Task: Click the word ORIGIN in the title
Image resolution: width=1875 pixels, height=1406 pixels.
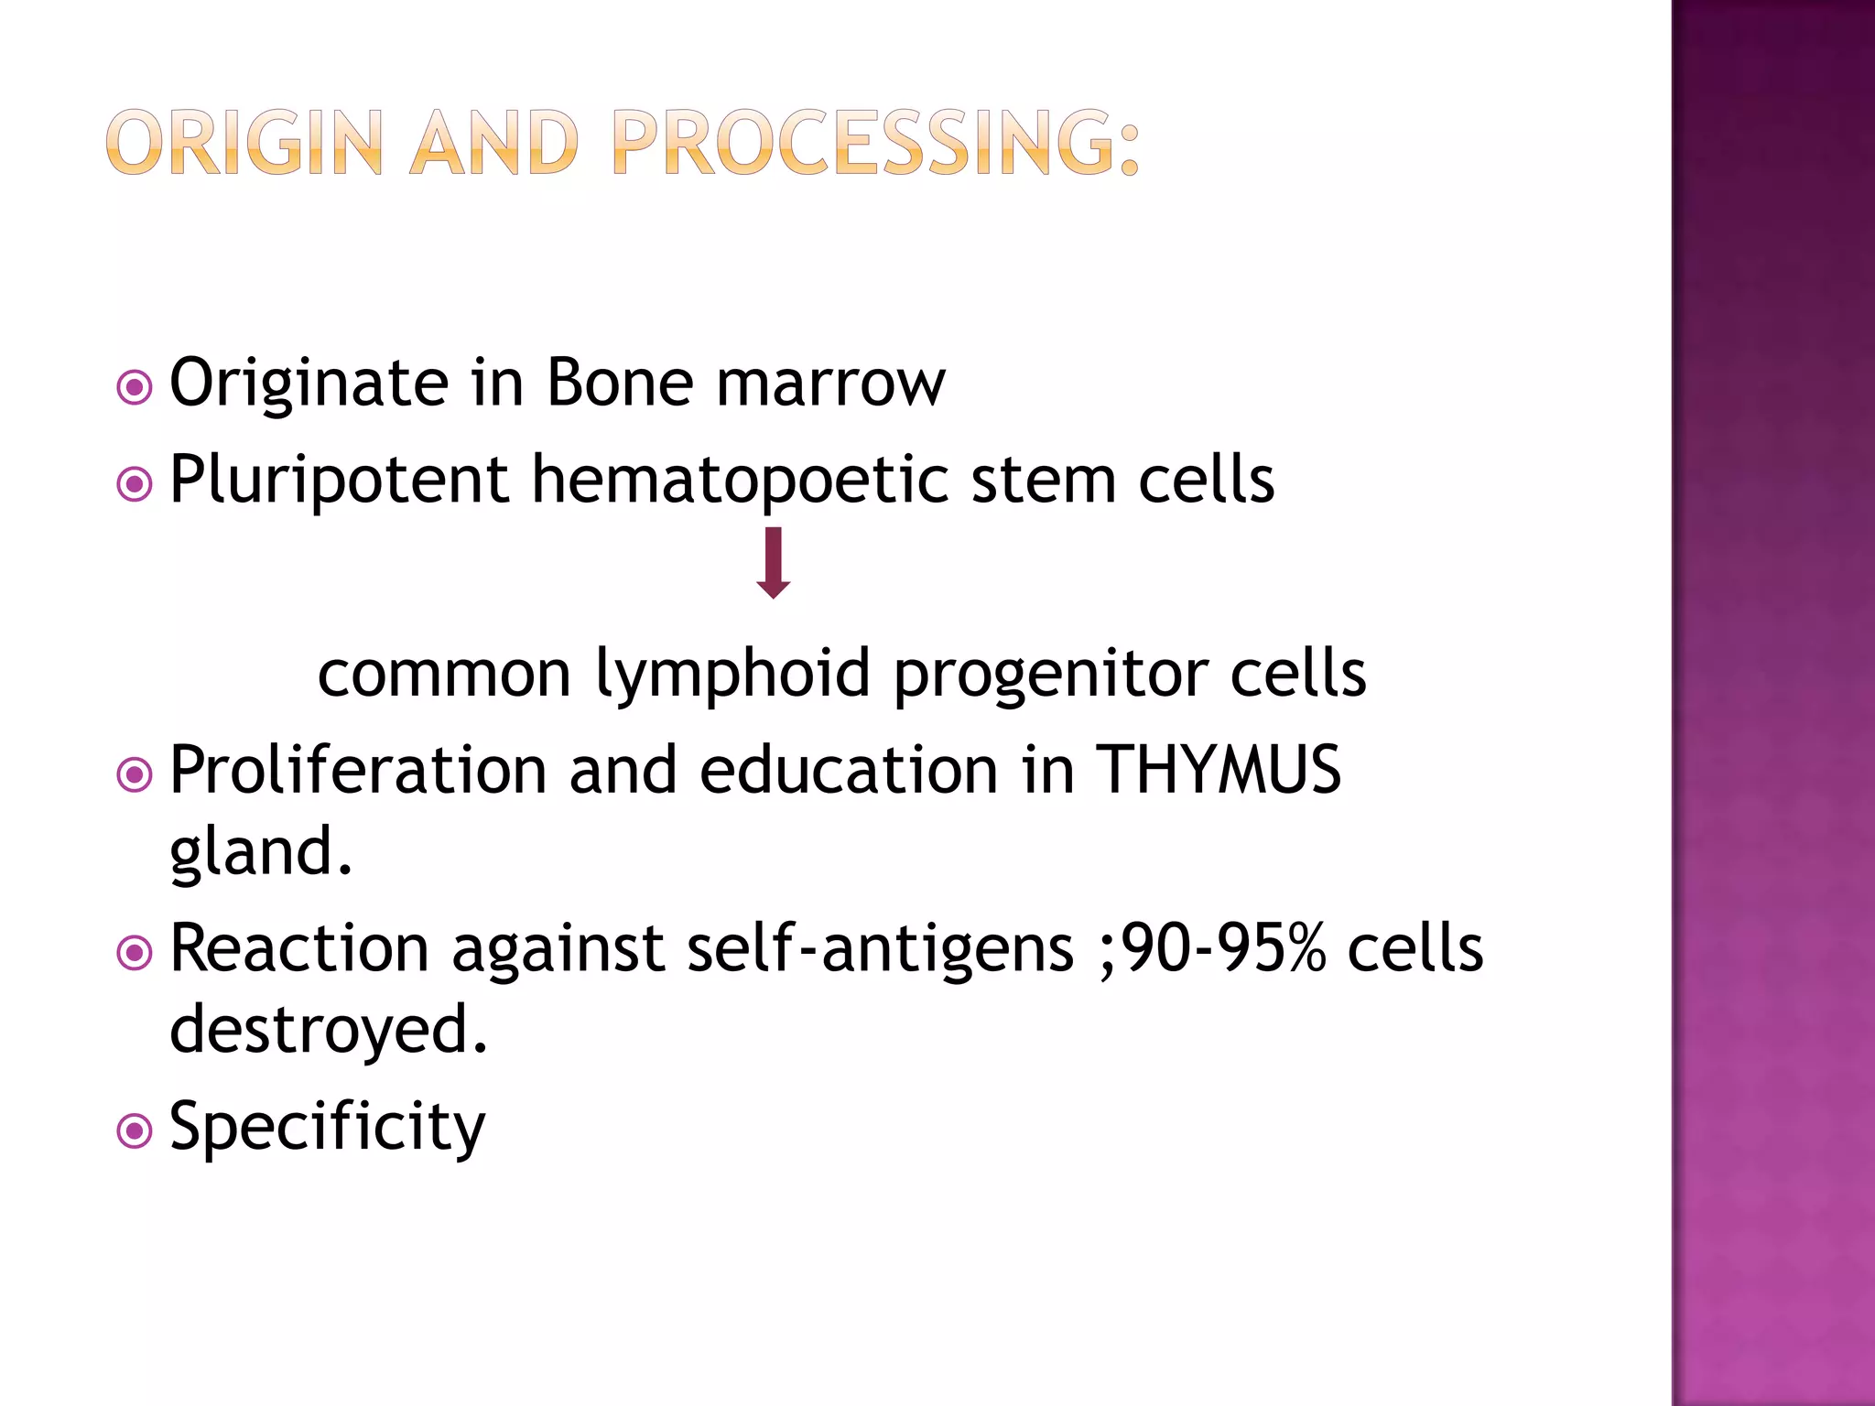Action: point(244,143)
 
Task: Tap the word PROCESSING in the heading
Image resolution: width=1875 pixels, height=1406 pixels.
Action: point(875,143)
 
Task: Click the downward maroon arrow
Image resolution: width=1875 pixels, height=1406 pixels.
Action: point(774,562)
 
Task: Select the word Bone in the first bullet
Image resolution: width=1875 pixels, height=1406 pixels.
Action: point(619,383)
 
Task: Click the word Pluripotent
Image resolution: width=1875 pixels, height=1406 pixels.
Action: point(339,480)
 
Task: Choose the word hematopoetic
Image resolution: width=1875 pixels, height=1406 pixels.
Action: point(740,481)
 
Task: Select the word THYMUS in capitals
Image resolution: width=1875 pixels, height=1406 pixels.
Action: point(1218,770)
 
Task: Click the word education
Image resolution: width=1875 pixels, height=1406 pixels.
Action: point(848,770)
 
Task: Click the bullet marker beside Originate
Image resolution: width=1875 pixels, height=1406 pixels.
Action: point(135,387)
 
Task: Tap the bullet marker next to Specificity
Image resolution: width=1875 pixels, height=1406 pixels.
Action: point(135,1131)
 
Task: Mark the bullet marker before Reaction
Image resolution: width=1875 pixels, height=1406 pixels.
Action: point(135,953)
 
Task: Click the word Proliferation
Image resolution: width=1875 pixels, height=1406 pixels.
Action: point(358,770)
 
